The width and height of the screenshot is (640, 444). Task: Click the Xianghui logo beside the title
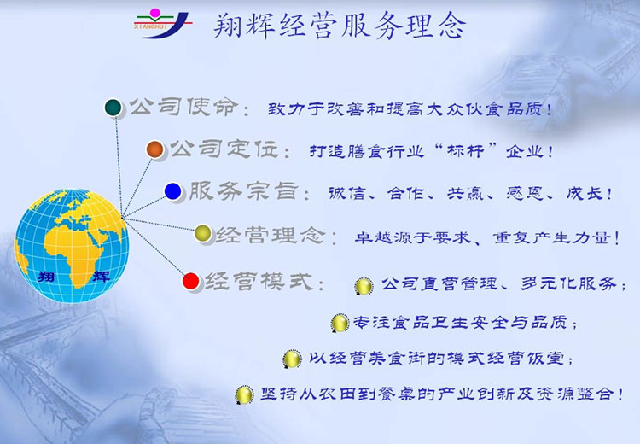pos(162,24)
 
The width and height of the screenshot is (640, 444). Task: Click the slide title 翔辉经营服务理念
pos(340,26)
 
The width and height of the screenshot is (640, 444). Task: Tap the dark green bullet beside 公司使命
pos(113,108)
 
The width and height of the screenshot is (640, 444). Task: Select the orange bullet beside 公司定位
pos(155,149)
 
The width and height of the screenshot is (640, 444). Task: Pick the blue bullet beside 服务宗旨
pos(172,191)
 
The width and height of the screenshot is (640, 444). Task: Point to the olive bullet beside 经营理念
pos(202,233)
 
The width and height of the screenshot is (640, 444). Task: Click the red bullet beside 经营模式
pos(190,281)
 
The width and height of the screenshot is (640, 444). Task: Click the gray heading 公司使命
pos(183,107)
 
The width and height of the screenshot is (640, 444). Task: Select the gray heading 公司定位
pos(224,149)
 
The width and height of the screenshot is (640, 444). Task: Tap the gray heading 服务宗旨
pos(244,190)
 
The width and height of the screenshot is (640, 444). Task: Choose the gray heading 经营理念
pos(271,235)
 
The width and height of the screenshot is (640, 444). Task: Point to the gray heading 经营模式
pos(259,281)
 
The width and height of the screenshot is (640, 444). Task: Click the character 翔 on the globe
pos(46,276)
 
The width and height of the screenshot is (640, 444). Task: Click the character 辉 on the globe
pos(102,276)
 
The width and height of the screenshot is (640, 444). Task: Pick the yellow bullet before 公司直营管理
pos(364,286)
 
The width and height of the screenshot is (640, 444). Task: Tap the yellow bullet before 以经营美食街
pos(292,359)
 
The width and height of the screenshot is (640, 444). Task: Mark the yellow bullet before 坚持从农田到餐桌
pos(244,395)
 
